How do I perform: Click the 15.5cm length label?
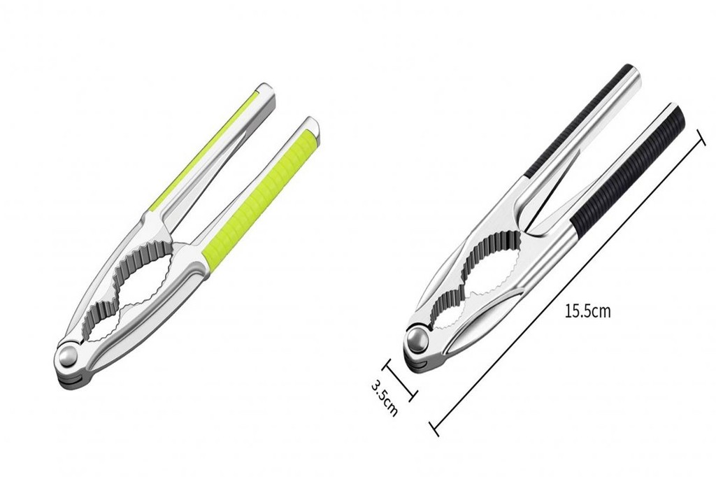point(587,311)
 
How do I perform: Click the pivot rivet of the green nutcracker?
point(69,356)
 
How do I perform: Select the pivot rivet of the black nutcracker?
point(417,341)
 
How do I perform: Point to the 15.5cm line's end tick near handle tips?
point(701,137)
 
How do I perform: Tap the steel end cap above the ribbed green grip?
point(310,127)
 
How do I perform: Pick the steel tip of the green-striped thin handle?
point(266,92)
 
